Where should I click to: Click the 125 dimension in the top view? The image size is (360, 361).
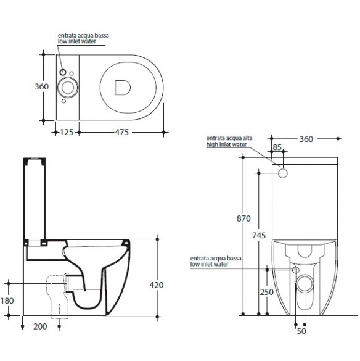click(x=67, y=132)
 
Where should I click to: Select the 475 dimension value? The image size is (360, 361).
click(x=121, y=132)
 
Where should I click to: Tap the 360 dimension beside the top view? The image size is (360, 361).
click(x=42, y=86)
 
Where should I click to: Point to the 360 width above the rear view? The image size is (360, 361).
click(x=306, y=139)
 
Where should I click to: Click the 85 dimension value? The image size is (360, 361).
click(x=277, y=147)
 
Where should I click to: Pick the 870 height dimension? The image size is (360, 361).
click(x=243, y=218)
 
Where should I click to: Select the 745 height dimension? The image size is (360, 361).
click(x=259, y=235)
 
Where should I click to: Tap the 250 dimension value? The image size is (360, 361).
click(x=267, y=292)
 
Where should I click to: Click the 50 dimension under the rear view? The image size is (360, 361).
click(x=301, y=331)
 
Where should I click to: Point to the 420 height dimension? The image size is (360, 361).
click(x=157, y=285)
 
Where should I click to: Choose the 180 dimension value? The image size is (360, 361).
click(x=7, y=301)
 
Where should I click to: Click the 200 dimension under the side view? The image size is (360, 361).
click(x=40, y=326)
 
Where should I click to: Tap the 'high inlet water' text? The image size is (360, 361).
click(x=226, y=144)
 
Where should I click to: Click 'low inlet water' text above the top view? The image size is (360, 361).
click(x=77, y=41)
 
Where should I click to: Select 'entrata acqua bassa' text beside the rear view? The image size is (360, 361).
click(x=216, y=259)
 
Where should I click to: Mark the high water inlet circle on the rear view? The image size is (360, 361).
click(x=283, y=173)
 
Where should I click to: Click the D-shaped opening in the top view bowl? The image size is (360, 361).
click(x=123, y=88)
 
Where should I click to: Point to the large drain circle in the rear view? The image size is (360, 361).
click(x=305, y=284)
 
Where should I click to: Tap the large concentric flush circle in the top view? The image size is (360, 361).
click(x=68, y=88)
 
